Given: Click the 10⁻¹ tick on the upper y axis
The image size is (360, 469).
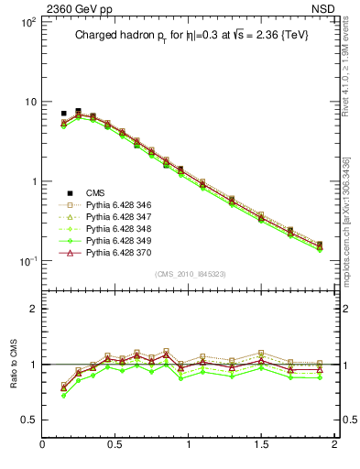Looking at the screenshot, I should click(x=27, y=261).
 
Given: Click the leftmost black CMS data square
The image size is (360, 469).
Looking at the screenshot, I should click(x=63, y=114).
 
